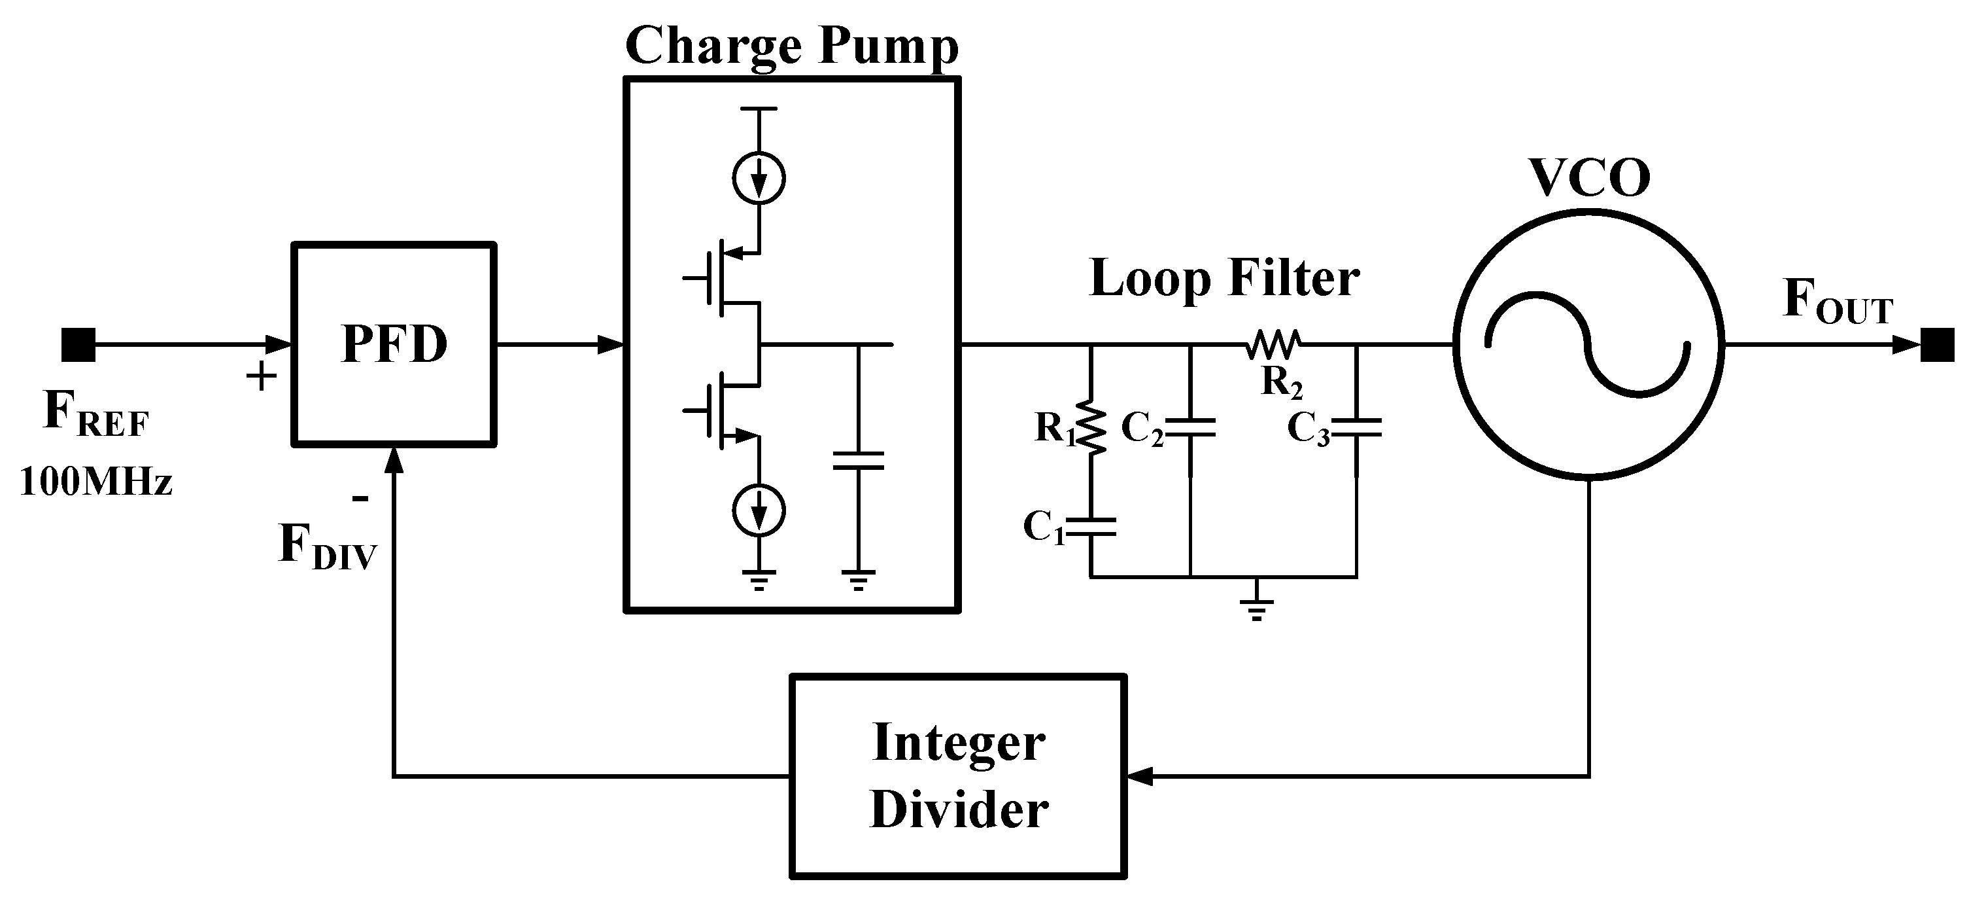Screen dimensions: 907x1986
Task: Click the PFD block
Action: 393,344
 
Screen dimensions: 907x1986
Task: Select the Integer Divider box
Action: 958,776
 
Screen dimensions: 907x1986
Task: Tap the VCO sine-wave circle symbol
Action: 1588,345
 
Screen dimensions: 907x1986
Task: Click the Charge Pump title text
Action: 792,46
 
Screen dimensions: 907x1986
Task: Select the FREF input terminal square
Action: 78,345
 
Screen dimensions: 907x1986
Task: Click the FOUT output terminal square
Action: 1937,345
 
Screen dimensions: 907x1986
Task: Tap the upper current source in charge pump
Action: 759,178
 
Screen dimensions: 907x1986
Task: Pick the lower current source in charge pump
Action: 759,510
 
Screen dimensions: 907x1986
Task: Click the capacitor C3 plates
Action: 1356,428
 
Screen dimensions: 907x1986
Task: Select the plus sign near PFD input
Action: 262,377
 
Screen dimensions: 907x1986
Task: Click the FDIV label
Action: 327,546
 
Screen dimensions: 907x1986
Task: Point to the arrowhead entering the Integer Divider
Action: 1140,776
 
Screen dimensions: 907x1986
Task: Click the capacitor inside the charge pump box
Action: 858,461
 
